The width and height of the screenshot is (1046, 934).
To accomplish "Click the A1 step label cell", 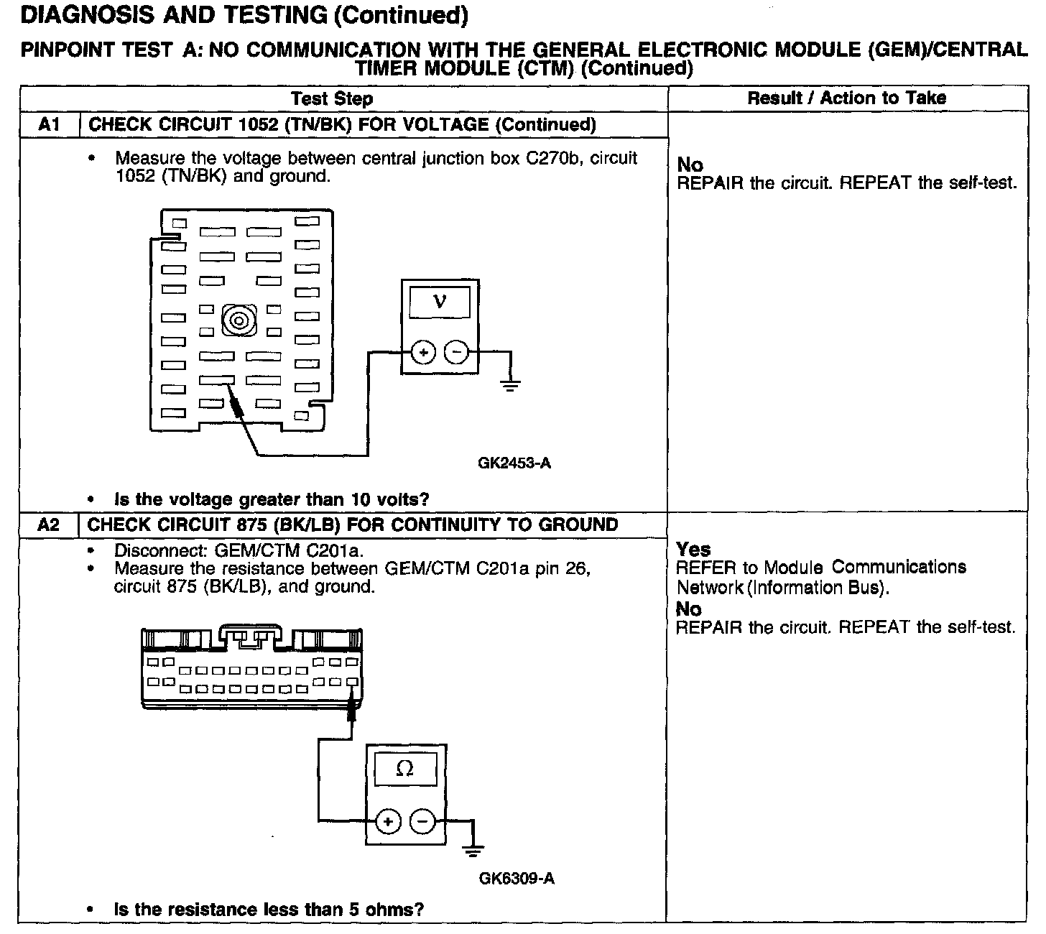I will pyautogui.click(x=48, y=125).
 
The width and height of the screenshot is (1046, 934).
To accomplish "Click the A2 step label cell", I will pyautogui.click(x=48, y=525).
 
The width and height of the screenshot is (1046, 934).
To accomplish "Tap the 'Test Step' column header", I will pyautogui.click(x=331, y=98).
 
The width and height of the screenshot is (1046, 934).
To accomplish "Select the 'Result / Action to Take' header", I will pyautogui.click(x=847, y=98).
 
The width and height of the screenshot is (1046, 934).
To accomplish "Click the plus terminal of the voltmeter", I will pyautogui.click(x=423, y=352).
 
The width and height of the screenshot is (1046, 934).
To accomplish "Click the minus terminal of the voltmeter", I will pyautogui.click(x=456, y=352).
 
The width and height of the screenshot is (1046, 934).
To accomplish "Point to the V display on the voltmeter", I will pyautogui.click(x=440, y=302).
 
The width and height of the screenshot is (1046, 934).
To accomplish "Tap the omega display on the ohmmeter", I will pyautogui.click(x=405, y=769).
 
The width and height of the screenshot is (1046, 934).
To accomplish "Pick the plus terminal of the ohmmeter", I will pyautogui.click(x=388, y=821).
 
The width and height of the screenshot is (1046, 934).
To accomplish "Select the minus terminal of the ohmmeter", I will pyautogui.click(x=422, y=821).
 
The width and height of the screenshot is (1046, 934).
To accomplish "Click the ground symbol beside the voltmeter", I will pyautogui.click(x=510, y=386).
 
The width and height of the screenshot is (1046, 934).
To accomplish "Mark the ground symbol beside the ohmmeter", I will pyautogui.click(x=473, y=851).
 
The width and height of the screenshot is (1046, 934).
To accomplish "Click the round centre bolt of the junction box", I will pyautogui.click(x=237, y=319).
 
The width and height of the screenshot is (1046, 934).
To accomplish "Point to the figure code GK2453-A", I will pyautogui.click(x=514, y=463).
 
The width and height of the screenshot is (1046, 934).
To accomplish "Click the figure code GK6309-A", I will pyautogui.click(x=517, y=879).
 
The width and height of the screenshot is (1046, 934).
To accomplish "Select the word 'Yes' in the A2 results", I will pyautogui.click(x=693, y=550).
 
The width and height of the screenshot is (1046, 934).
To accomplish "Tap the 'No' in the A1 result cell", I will pyautogui.click(x=690, y=165).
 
